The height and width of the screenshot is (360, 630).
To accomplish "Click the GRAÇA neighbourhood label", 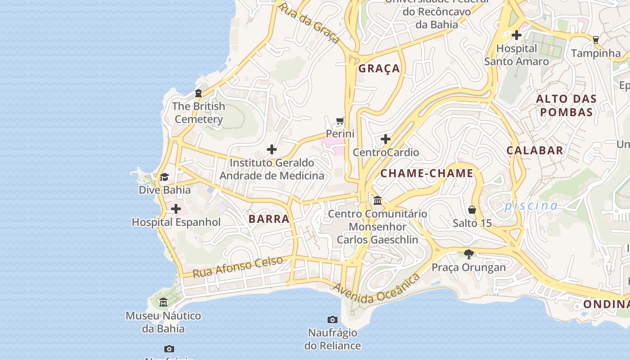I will pyautogui.click(x=379, y=68).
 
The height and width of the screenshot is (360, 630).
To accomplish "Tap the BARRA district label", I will pyautogui.click(x=269, y=219).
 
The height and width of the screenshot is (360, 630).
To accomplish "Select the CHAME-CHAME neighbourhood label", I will pyautogui.click(x=427, y=173).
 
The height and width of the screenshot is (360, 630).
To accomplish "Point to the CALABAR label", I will pyautogui.click(x=535, y=150).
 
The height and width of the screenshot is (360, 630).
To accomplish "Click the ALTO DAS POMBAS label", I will pyautogui.click(x=566, y=105).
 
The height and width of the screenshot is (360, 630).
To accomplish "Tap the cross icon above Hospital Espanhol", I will pyautogui.click(x=176, y=209).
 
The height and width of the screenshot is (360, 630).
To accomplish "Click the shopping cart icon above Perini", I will pyautogui.click(x=340, y=121).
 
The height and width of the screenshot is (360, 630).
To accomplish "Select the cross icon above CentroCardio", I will pyautogui.click(x=386, y=139).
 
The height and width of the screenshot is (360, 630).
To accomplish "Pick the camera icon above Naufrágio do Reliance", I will pyautogui.click(x=333, y=319).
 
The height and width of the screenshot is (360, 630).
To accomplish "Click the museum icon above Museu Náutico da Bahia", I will pyautogui.click(x=163, y=302).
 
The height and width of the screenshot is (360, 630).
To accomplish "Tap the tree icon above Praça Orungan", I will pyautogui.click(x=469, y=254).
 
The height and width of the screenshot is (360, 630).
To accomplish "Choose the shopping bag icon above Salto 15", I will pyautogui.click(x=472, y=210).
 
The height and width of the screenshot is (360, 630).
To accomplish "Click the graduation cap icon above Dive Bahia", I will pyautogui.click(x=164, y=177).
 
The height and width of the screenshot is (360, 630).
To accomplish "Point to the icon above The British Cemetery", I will pyautogui.click(x=198, y=93).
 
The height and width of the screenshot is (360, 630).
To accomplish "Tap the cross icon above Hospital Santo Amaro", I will pyautogui.click(x=517, y=35).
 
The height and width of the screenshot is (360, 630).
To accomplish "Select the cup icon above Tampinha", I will pyautogui.click(x=596, y=40).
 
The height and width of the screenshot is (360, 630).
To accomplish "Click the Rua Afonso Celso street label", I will pyautogui.click(x=238, y=266).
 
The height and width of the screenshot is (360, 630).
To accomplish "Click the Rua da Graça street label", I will pyautogui.click(x=309, y=22).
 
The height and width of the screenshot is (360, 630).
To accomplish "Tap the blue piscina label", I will pyautogui.click(x=531, y=206).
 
